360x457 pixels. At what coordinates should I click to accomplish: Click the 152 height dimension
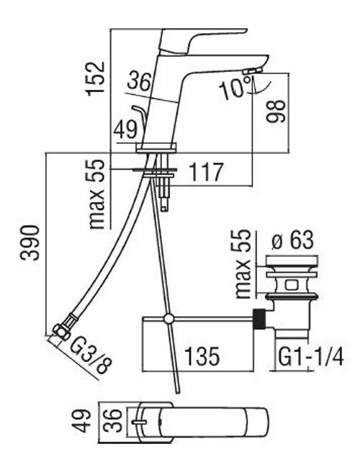95,78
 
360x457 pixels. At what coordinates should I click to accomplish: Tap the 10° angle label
235,87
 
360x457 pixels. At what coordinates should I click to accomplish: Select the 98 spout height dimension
276,112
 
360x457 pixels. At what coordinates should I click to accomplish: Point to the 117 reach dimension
206,172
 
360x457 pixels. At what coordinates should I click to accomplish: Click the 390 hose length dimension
30,243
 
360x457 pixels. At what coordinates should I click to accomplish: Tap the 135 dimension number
202,356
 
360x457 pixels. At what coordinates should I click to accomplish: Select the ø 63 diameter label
292,240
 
